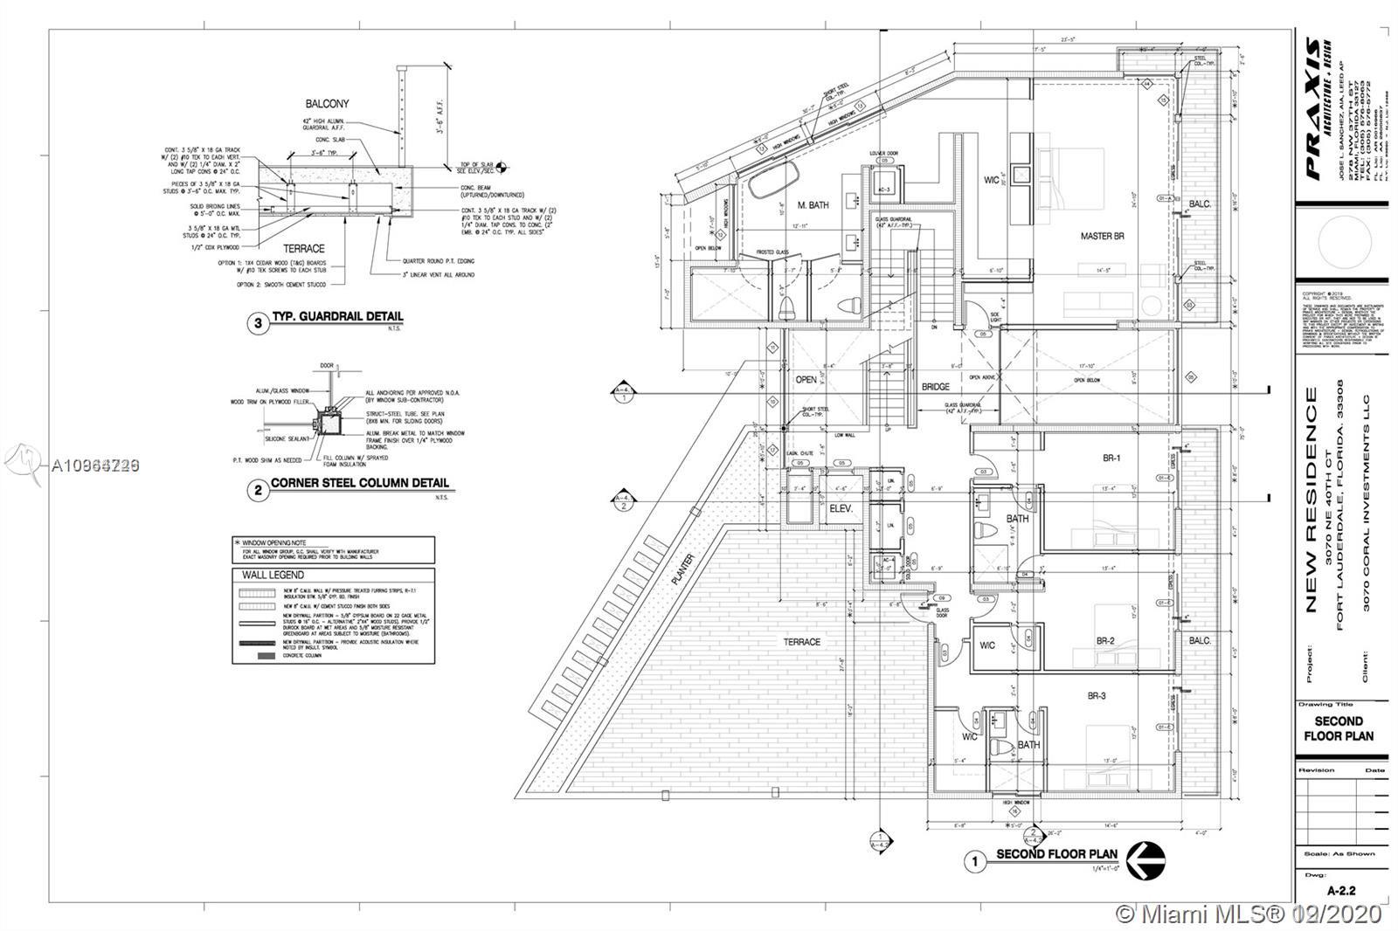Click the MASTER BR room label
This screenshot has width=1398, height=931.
[1102, 236]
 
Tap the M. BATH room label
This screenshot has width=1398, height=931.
[813, 205]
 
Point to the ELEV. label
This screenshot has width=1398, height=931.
[841, 507]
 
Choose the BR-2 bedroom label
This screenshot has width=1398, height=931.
[1105, 640]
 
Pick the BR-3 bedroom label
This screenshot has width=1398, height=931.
[1097, 696]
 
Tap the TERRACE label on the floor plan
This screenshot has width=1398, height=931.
[801, 642]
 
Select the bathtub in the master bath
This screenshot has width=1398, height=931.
[773, 183]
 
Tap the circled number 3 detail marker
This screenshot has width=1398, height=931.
[258, 323]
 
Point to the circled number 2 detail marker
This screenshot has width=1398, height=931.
[258, 490]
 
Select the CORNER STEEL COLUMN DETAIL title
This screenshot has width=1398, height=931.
[359, 483]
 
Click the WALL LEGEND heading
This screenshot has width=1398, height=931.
[273, 575]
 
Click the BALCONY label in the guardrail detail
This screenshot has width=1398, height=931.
[327, 104]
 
